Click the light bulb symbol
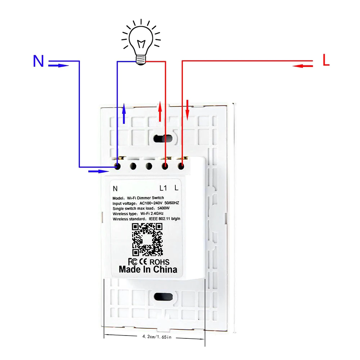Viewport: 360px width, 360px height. pyautogui.click(x=141, y=43)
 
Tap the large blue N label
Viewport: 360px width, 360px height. pyautogui.click(x=39, y=61)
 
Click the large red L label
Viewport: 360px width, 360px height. pyautogui.click(x=326, y=61)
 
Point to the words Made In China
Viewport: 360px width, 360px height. pyautogui.click(x=148, y=269)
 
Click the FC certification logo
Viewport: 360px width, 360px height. pyautogui.click(x=132, y=261)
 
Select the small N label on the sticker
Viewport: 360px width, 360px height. pyautogui.click(x=115, y=188)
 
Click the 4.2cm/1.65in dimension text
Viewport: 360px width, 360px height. pyautogui.click(x=155, y=337)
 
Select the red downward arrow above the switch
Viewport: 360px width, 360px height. pyautogui.click(x=187, y=110)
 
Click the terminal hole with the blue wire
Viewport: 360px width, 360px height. pyautogui.click(x=117, y=166)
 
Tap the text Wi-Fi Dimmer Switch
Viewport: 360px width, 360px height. pyautogui.click(x=145, y=198)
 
